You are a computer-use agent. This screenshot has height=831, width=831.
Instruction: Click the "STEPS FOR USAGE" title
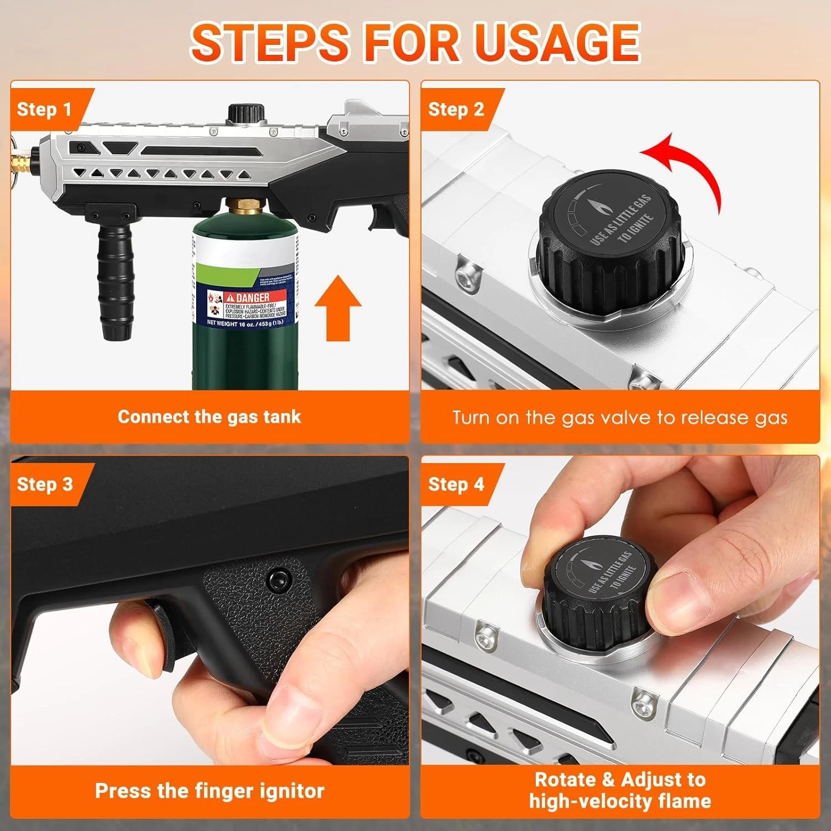coord(416,42)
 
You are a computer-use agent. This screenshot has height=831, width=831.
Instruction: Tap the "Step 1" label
coord(44,109)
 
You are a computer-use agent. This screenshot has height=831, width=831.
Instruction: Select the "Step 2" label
coord(455,109)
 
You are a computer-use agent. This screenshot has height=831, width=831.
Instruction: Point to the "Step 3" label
coord(44,484)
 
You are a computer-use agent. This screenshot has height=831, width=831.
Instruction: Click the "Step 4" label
coord(455,484)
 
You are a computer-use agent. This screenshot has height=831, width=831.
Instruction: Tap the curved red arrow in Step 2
coord(687,166)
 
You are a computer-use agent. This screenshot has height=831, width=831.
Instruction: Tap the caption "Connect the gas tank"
coord(209,417)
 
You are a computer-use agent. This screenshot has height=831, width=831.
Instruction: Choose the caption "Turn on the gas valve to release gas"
coord(619,417)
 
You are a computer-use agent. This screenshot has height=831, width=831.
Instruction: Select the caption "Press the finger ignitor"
coord(209,791)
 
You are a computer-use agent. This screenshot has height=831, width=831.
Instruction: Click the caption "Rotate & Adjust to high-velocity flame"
coord(619,790)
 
